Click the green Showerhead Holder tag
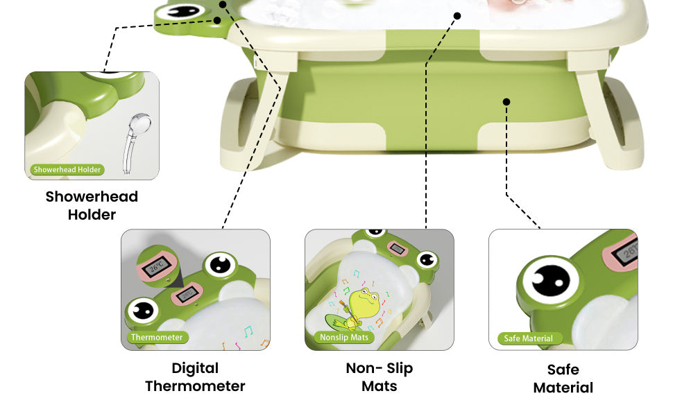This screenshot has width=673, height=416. pyautogui.click(x=67, y=169)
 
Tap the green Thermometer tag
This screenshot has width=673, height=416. pyautogui.click(x=157, y=338)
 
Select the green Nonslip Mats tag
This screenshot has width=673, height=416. pyautogui.click(x=343, y=338)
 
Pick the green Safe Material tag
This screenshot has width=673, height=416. pyautogui.click(x=529, y=338)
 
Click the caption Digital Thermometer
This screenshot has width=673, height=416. pyautogui.click(x=195, y=377)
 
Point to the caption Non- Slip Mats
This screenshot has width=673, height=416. pyautogui.click(x=379, y=376)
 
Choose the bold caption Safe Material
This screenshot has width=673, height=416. pyautogui.click(x=563, y=379)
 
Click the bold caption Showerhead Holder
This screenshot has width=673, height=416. pyautogui.click(x=92, y=205)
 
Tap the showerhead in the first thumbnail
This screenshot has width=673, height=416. pyautogui.click(x=131, y=139)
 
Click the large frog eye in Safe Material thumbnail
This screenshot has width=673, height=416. pyautogui.click(x=551, y=280)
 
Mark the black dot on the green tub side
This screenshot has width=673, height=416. pyautogui.click(x=506, y=102)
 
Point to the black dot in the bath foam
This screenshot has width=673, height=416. pyautogui.click(x=457, y=15)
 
